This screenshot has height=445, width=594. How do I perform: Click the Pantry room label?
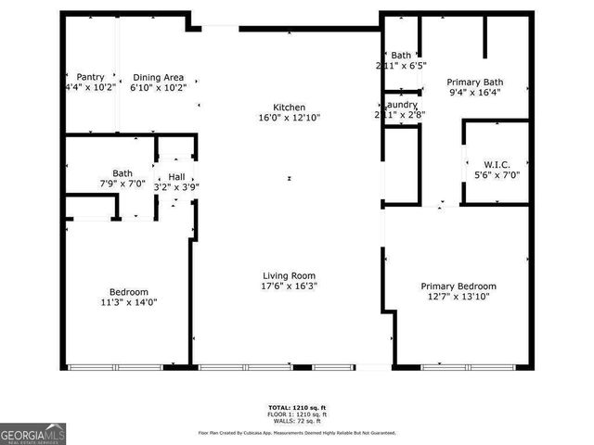click(x=90, y=77)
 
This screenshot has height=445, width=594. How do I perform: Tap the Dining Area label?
click(x=159, y=77)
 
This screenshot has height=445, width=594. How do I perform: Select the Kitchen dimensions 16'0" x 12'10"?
click(x=289, y=118)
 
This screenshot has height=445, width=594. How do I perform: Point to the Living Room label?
click(x=289, y=275)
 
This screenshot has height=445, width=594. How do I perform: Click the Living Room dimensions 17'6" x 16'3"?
click(x=289, y=286)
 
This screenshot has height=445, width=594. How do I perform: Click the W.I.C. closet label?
click(x=497, y=163)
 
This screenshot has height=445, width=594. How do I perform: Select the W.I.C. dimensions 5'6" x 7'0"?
click(x=497, y=174)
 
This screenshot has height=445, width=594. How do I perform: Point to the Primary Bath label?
click(x=474, y=81)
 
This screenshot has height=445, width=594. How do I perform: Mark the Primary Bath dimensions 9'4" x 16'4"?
click(x=474, y=92)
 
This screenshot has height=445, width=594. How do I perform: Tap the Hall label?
click(x=176, y=176)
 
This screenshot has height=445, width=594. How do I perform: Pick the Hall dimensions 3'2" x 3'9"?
click(x=176, y=187)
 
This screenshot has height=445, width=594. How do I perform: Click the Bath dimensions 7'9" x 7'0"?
click(x=123, y=184)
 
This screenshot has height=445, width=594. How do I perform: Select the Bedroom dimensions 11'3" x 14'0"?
click(x=129, y=302)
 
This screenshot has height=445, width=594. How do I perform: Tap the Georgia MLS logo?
click(x=33, y=433)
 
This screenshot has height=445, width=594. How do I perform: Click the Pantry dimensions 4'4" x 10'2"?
click(x=90, y=88)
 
